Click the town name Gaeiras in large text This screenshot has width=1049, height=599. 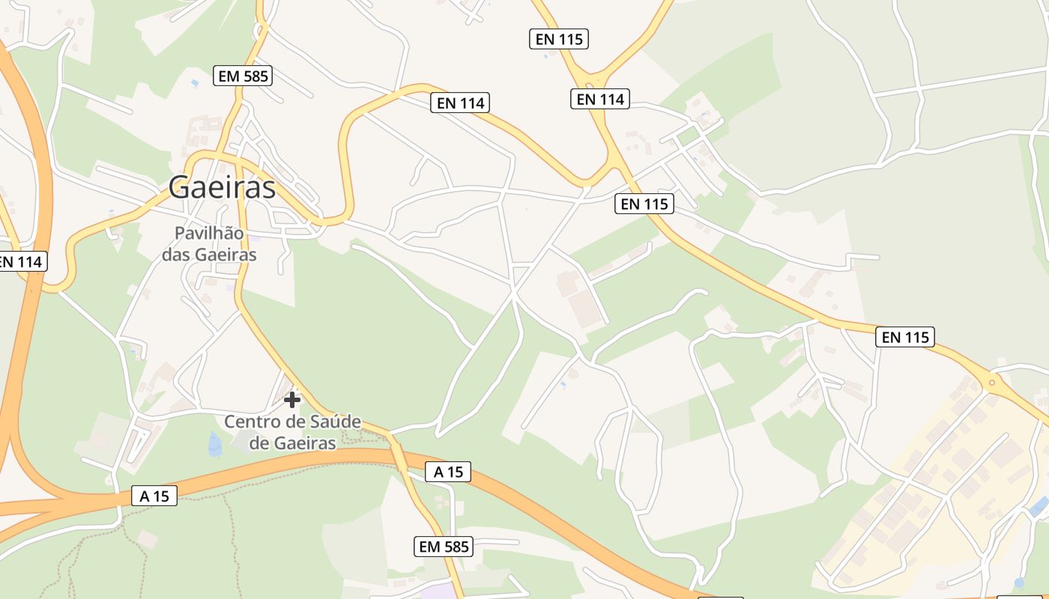(222, 187)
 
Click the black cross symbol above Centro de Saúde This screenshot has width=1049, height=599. (292, 400)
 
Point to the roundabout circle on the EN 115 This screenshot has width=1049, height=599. (992, 383)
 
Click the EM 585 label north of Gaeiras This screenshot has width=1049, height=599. (242, 76)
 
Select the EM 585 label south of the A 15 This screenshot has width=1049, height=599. (444, 547)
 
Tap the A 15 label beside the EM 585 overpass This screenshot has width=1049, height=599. (448, 472)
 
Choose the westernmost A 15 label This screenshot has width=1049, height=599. (154, 496)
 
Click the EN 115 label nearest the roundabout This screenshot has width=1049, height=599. (905, 337)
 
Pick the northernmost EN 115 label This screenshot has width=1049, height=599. (558, 39)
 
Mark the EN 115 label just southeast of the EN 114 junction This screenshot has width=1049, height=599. (644, 203)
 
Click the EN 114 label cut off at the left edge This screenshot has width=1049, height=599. (21, 262)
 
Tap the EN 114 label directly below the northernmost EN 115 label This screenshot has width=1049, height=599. (599, 99)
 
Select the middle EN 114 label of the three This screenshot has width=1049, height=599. (460, 103)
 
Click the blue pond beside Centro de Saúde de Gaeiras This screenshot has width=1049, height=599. (215, 443)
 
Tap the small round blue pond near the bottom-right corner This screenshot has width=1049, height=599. (1018, 583)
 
